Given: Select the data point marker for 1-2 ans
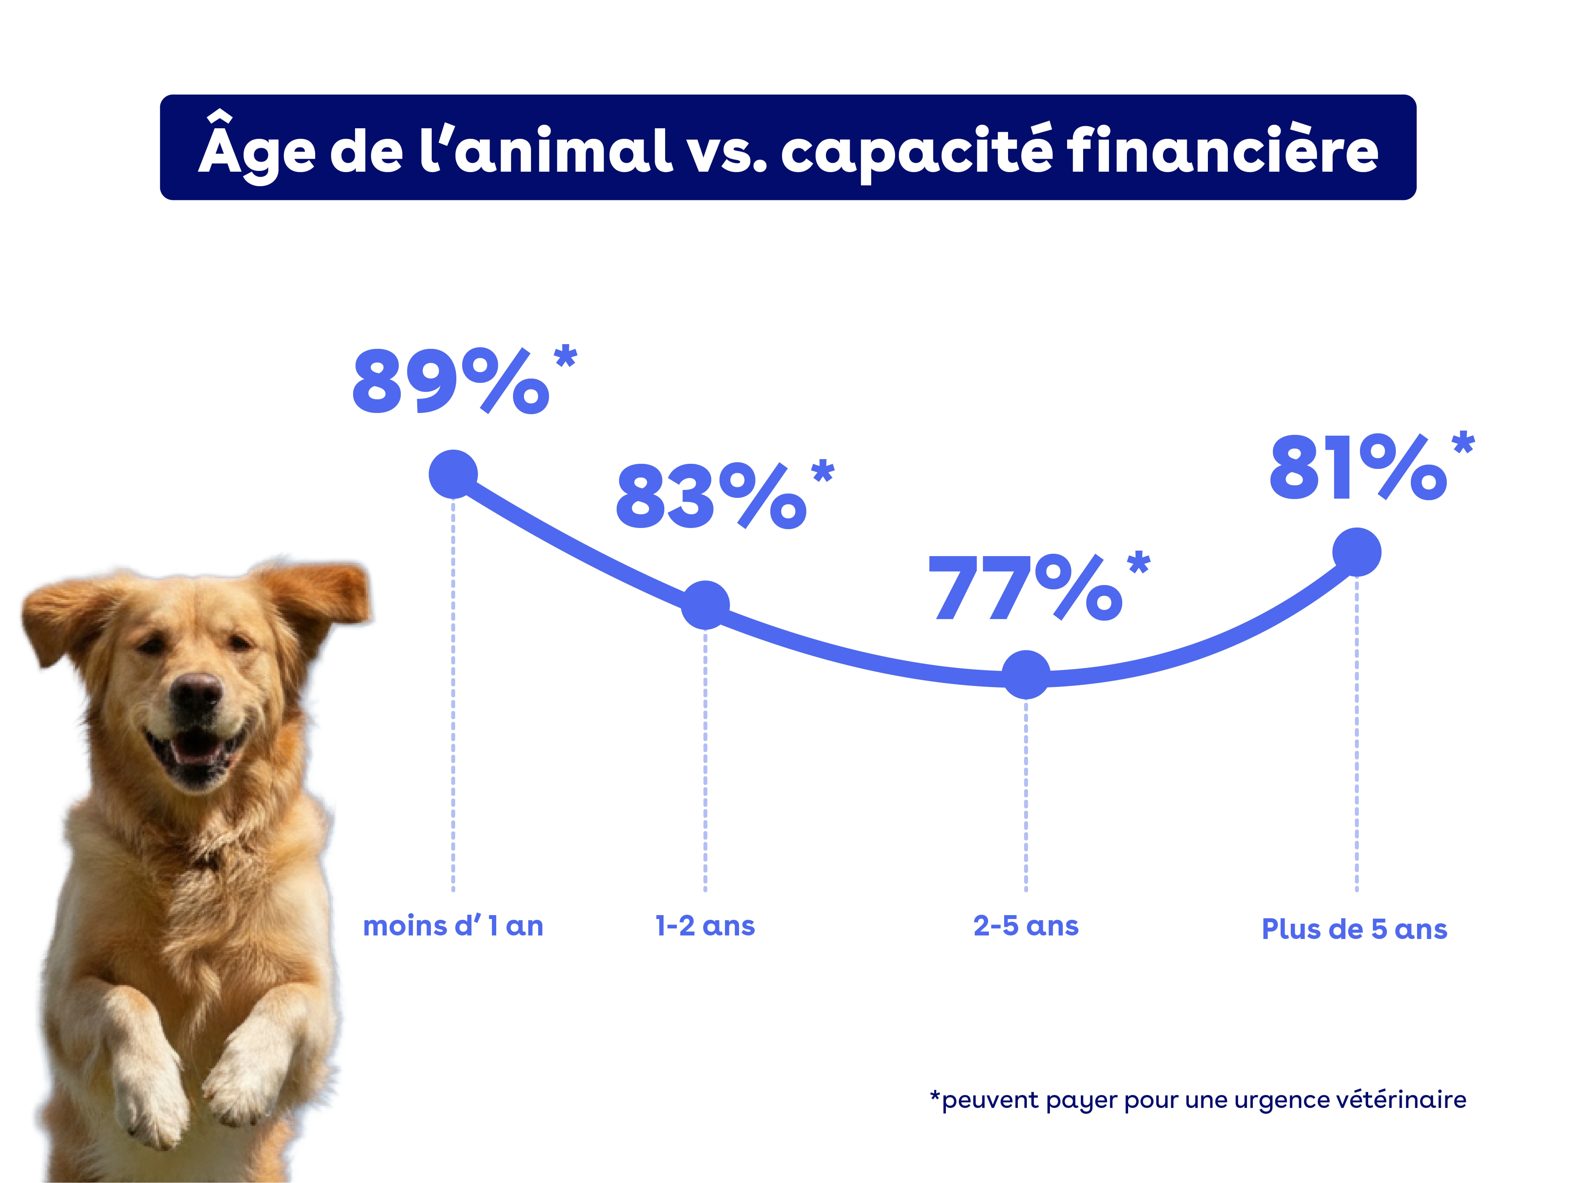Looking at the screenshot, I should coord(705,605).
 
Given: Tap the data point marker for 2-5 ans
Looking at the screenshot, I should coord(1026,674).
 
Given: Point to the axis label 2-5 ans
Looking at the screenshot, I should coord(1026,926).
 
